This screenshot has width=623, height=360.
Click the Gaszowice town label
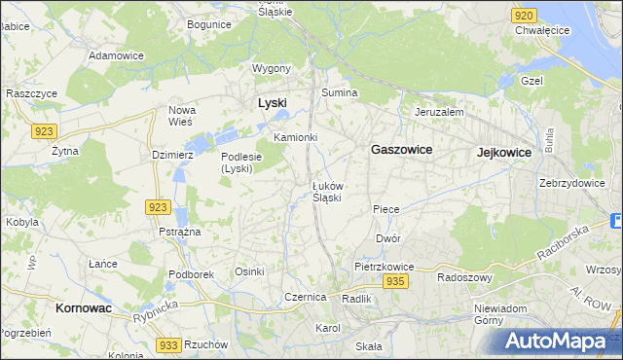tap(401, 150)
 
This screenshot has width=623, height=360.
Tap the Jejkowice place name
tap(504, 153)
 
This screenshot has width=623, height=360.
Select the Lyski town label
tap(272, 102)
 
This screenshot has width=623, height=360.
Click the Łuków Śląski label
tap(326, 192)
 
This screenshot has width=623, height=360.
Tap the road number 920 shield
tap(524, 16)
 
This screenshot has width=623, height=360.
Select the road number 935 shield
tap(394, 281)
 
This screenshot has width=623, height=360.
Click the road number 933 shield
tap(168, 345)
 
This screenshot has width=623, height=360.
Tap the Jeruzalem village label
tap(438, 112)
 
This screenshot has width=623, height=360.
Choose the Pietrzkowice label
tap(385, 266)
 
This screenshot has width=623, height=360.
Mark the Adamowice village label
tap(116, 55)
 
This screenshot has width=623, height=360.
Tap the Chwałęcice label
tap(542, 30)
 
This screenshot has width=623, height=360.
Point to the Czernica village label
tap(304, 297)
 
